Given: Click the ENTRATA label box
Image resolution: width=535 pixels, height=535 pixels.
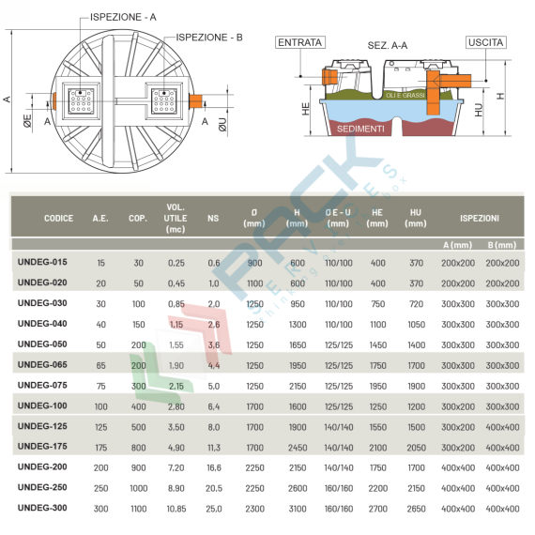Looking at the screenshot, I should pos(299,42).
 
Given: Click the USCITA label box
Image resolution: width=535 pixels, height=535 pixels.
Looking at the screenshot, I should pos(487,42).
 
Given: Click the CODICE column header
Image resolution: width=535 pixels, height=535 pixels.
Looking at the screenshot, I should pos(58,218).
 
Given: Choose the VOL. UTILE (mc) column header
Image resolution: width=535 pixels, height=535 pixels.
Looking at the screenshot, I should pos(176,218).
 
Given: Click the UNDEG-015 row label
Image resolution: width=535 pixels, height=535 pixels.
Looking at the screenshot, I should pos(42,262).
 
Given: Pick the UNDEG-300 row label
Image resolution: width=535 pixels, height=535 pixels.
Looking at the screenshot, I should pos(42,508).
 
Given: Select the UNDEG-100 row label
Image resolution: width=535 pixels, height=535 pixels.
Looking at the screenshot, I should pos(42,405).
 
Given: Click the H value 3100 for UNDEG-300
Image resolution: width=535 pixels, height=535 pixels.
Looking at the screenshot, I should pos(298,508).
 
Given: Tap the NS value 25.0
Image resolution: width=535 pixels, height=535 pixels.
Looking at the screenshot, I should pos(213,508).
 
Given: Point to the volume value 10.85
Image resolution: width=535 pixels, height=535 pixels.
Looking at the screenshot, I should pos(176,508).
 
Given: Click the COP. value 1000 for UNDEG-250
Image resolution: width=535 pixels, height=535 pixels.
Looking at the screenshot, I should pos(138,487).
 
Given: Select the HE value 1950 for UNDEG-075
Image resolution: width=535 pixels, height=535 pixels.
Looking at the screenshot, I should pos(377,385).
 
